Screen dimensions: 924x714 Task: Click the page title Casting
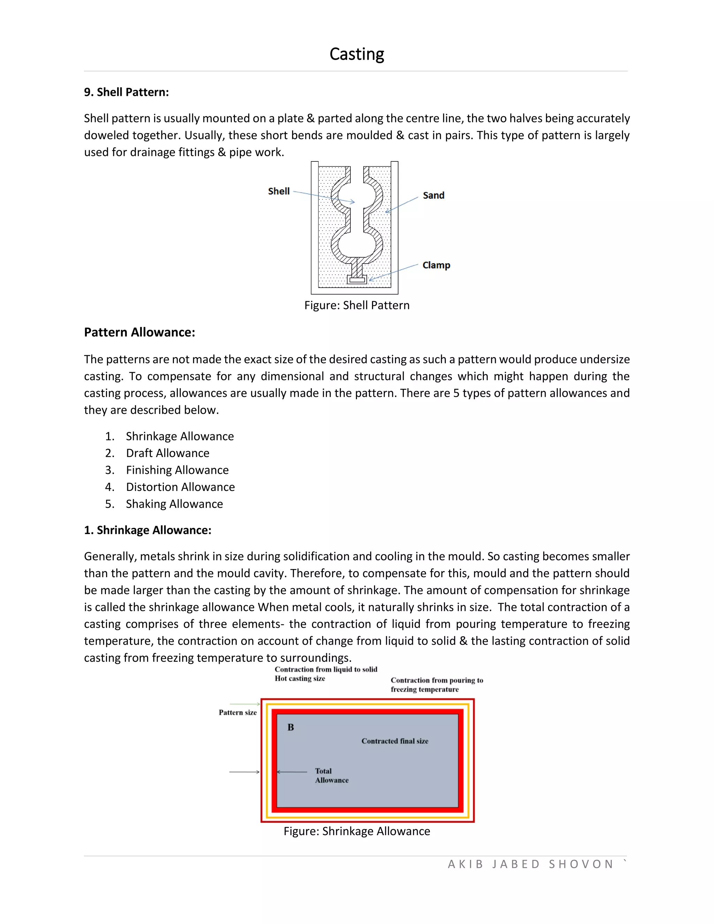pyautogui.click(x=357, y=54)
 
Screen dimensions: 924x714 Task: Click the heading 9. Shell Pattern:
pyautogui.click(x=126, y=92)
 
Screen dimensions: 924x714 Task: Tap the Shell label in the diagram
pyautogui.click(x=279, y=191)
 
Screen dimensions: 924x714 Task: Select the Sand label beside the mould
pyautogui.click(x=434, y=196)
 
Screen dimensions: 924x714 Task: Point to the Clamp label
pyautogui.click(x=436, y=265)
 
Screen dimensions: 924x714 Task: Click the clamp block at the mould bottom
pyautogui.click(x=357, y=280)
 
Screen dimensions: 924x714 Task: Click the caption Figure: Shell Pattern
pyautogui.click(x=357, y=305)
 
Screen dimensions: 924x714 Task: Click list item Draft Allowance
pyautogui.click(x=167, y=453)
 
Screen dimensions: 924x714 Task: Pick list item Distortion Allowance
pyautogui.click(x=180, y=487)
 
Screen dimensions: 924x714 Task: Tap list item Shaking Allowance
pyautogui.click(x=174, y=504)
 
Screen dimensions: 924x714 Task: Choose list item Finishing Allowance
pyautogui.click(x=177, y=470)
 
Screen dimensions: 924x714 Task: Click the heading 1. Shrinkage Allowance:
pyautogui.click(x=147, y=530)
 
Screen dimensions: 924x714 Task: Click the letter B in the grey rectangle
pyautogui.click(x=291, y=727)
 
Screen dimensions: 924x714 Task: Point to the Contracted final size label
pyautogui.click(x=395, y=741)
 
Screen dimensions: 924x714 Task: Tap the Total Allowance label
pyautogui.click(x=331, y=775)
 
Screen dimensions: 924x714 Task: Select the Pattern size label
pyautogui.click(x=238, y=712)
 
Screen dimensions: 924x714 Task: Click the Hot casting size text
pyautogui.click(x=300, y=679)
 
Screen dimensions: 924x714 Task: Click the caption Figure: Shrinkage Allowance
pyautogui.click(x=357, y=831)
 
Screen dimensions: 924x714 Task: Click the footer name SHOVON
pyautogui.click(x=581, y=864)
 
